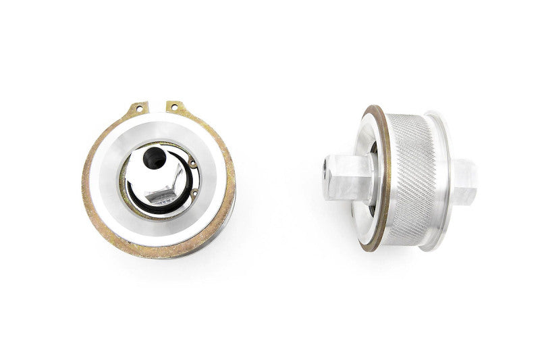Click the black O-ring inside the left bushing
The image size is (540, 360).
tap(138, 199)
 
